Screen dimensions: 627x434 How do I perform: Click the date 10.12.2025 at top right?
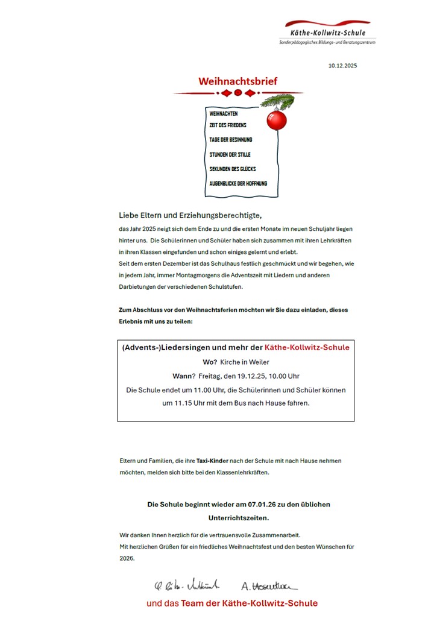click(342, 65)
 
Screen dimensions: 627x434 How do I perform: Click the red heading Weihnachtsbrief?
click(238, 81)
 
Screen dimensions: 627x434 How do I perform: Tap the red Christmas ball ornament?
click(277, 120)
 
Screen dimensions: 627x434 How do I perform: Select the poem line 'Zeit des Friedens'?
click(228, 125)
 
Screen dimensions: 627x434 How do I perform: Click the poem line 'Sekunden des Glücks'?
click(233, 169)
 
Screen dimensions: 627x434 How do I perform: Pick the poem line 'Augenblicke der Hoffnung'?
click(238, 183)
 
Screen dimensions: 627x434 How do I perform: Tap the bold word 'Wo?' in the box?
click(210, 362)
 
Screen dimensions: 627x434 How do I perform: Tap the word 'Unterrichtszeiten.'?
click(238, 518)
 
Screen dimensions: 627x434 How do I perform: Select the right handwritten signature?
click(269, 585)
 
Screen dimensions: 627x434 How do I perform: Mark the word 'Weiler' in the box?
click(260, 362)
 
